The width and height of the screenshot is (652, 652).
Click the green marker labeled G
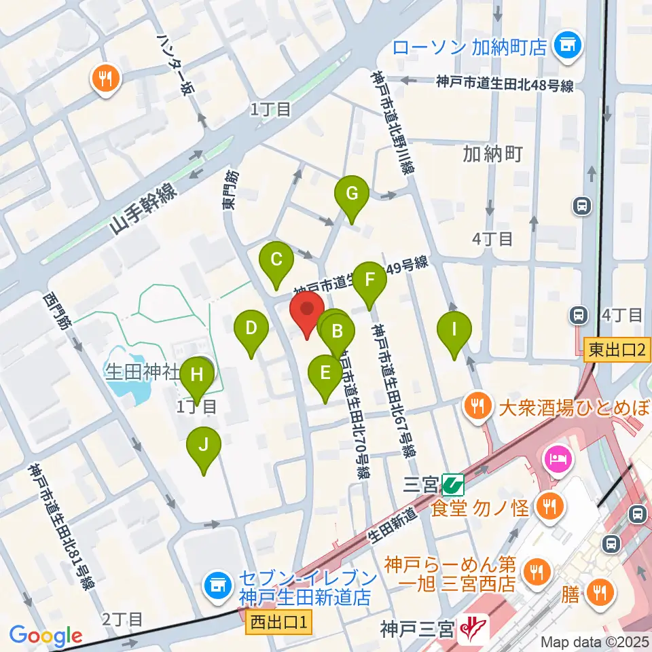click(352, 194)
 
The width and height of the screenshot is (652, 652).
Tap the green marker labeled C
click(276, 260)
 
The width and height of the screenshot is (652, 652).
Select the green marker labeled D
click(251, 329)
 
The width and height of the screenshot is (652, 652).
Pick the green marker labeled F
click(369, 280)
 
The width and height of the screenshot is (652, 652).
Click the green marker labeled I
click(454, 331)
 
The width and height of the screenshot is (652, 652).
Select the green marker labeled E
click(325, 373)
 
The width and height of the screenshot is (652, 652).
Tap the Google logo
click(46, 636)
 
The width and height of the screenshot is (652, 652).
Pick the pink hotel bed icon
click(557, 459)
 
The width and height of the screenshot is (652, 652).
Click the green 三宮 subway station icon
click(452, 485)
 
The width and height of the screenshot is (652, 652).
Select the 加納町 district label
click(492, 154)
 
